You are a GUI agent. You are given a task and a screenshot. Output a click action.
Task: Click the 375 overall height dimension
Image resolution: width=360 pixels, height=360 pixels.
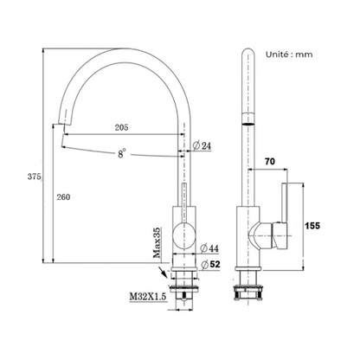click(35, 177)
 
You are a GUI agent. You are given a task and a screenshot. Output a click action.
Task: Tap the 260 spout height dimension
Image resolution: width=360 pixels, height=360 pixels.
click(63, 197)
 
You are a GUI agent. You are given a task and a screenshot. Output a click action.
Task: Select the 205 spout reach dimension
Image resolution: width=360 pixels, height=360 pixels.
click(121, 127)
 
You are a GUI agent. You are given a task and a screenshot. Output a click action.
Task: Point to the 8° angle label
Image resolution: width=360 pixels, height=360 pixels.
click(122, 153)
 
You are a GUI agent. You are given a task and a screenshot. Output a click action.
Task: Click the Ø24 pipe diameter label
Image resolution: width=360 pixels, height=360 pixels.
click(202, 145)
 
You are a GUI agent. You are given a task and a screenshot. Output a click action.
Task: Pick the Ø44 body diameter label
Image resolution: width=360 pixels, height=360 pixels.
click(209, 248)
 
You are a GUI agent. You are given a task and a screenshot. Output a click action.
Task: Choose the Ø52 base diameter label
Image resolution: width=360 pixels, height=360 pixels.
click(210, 264)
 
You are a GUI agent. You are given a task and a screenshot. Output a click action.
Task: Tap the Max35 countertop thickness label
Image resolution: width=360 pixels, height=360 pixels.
click(157, 242)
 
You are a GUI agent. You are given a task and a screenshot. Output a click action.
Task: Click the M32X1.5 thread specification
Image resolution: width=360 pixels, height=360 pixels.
click(148, 296)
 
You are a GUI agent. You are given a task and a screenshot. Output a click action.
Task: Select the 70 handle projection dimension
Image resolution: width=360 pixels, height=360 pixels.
click(270, 162)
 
